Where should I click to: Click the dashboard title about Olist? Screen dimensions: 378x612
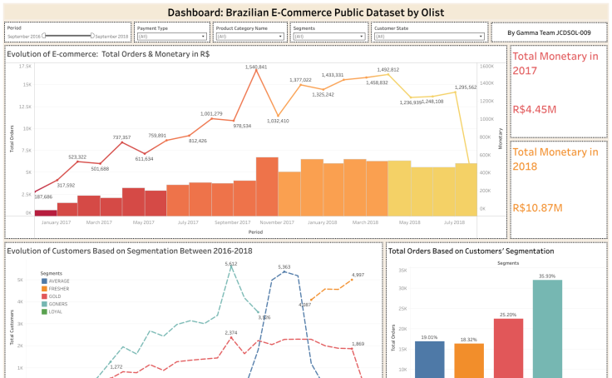point(305,12)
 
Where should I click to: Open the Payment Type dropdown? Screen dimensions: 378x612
point(171,37)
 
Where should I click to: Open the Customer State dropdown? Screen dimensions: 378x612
point(429,37)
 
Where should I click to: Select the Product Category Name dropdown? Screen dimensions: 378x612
point(249,37)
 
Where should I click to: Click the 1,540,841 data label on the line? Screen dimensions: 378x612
point(256,67)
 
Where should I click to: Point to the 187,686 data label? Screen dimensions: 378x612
point(44,196)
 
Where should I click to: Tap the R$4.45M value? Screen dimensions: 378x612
point(535,109)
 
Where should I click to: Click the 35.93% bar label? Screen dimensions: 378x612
point(546,276)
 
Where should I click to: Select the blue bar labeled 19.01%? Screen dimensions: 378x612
point(429,358)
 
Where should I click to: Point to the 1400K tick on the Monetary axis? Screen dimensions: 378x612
point(486,84)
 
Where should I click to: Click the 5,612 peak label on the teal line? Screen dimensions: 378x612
point(231,264)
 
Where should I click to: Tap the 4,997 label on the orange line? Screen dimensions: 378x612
point(358,275)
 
